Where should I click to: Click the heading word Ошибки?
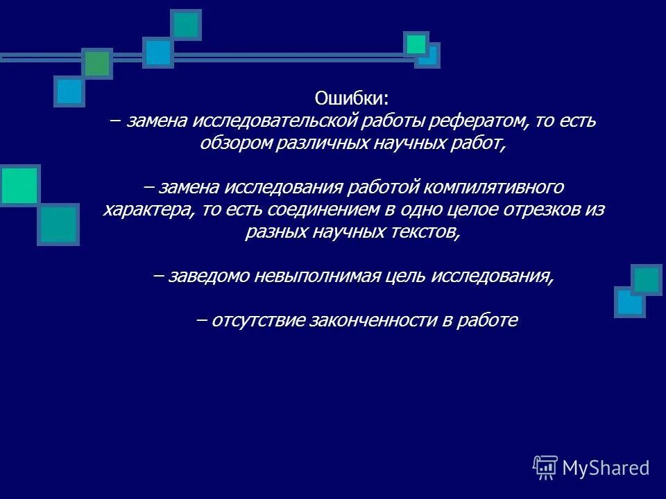(352, 98)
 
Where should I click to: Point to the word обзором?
(231, 143)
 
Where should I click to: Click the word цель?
(404, 276)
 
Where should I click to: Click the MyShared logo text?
(606, 468)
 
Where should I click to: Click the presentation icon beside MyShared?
(545, 468)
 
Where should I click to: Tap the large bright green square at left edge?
(19, 185)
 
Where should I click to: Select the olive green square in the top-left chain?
(98, 64)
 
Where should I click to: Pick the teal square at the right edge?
(647, 280)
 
